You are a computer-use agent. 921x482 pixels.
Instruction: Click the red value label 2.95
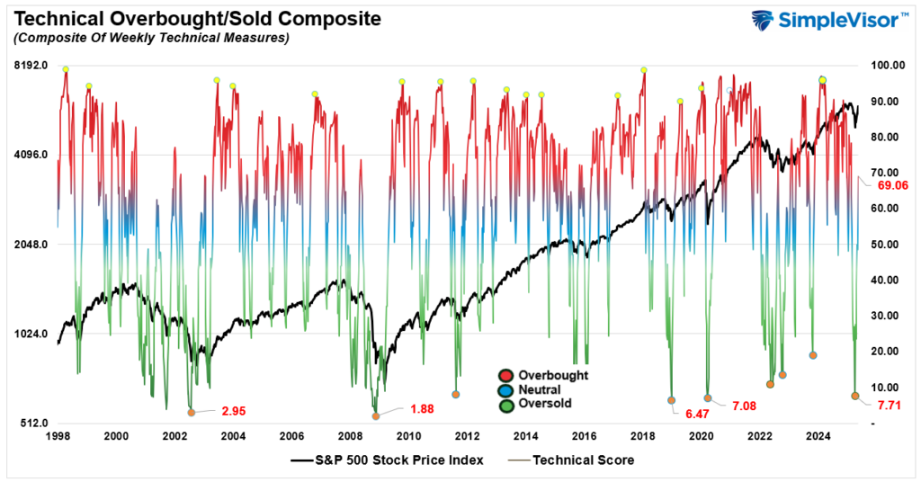(x=234, y=411)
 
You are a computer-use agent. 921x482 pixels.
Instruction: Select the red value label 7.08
(x=746, y=407)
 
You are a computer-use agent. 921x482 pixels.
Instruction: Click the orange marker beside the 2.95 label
(x=191, y=413)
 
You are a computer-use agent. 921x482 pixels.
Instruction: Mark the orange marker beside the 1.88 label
(x=376, y=416)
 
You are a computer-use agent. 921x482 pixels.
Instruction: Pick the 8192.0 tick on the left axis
(x=31, y=66)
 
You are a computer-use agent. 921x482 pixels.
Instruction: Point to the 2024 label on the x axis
(x=818, y=437)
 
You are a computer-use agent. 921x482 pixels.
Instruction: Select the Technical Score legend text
(x=583, y=460)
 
